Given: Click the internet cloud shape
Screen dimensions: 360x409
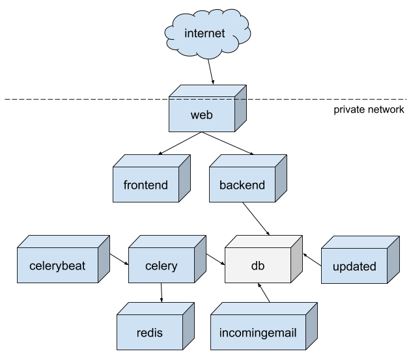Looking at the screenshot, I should [204, 33].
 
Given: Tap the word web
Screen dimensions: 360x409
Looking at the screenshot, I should [202, 115].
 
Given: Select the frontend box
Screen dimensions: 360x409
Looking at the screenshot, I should [146, 185].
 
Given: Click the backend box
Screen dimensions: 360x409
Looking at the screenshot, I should [242, 185].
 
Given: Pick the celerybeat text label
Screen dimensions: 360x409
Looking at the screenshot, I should [57, 266].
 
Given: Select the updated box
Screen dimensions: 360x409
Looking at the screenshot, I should [354, 266].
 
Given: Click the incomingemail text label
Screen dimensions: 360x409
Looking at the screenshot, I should [259, 333].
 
